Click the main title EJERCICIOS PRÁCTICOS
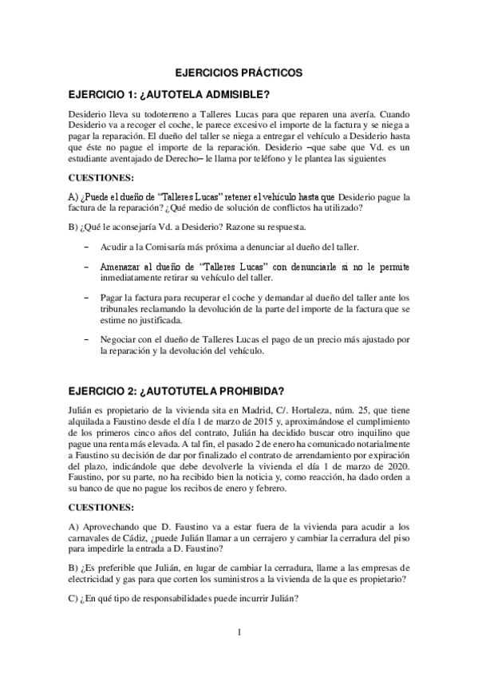pyautogui.click(x=239, y=71)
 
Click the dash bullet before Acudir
pyautogui.click(x=85, y=248)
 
